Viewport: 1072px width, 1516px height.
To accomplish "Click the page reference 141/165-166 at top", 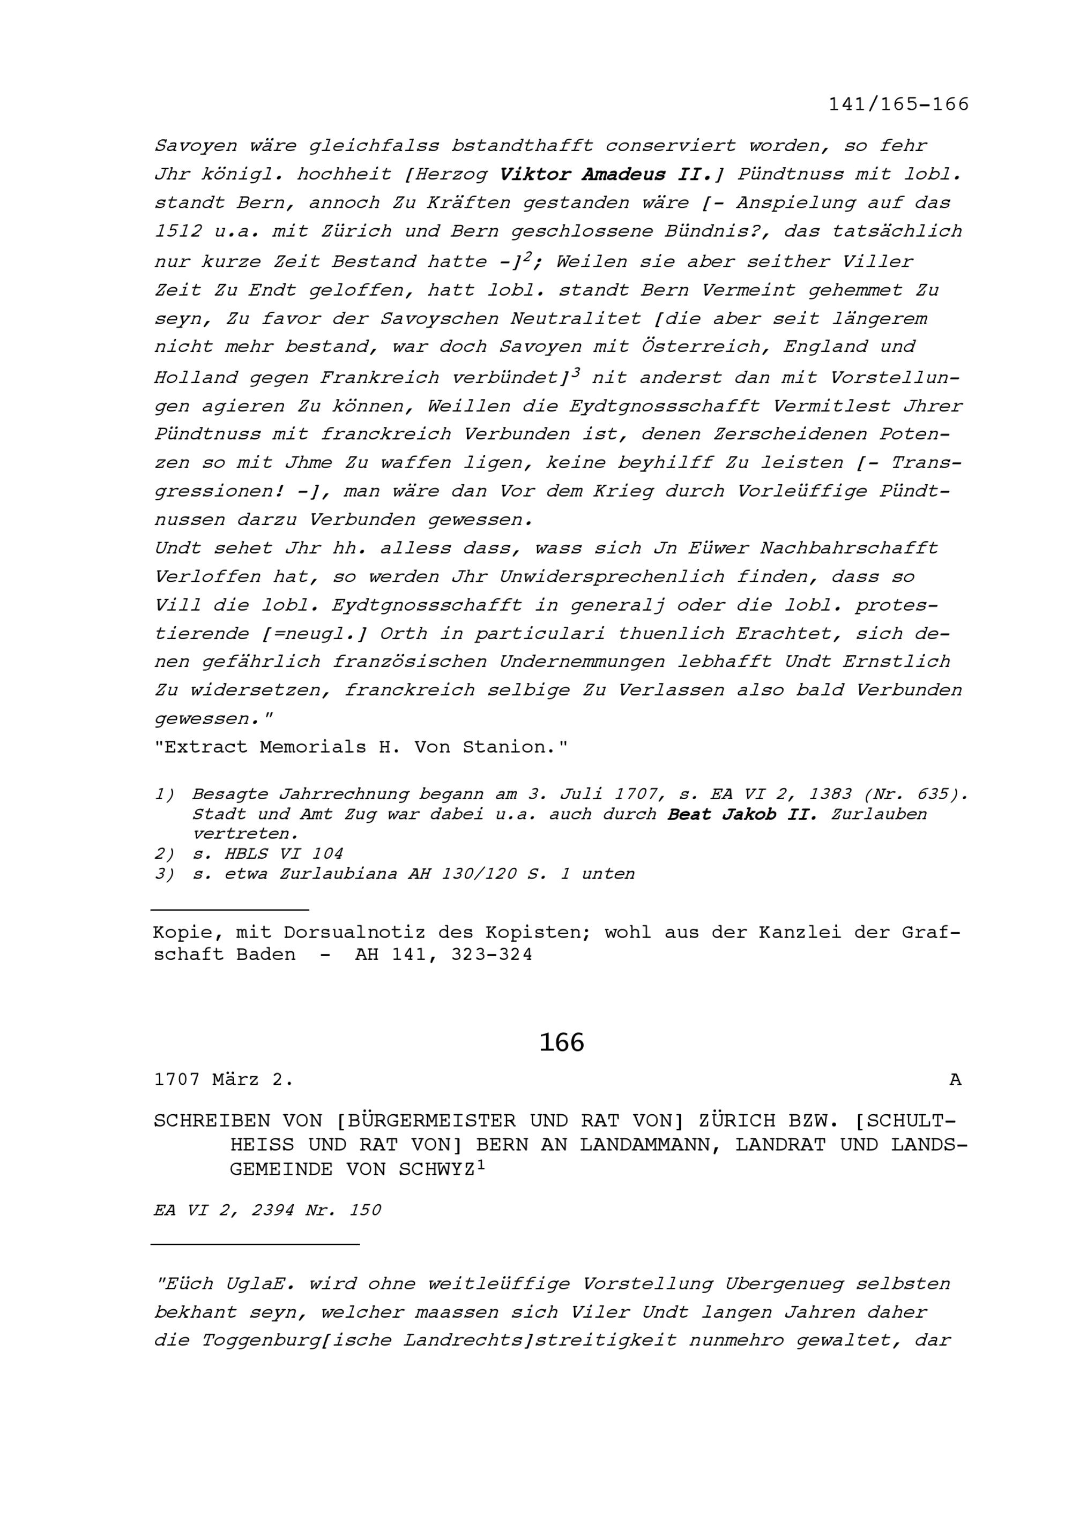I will (898, 104).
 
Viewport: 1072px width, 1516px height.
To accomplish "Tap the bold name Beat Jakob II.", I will (742, 814).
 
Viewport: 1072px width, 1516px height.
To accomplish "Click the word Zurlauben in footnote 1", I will (879, 814).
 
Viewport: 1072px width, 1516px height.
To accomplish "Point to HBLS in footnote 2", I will (244, 854).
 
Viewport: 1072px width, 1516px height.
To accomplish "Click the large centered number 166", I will (561, 1042).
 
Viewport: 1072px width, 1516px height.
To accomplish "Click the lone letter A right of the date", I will (955, 1080).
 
